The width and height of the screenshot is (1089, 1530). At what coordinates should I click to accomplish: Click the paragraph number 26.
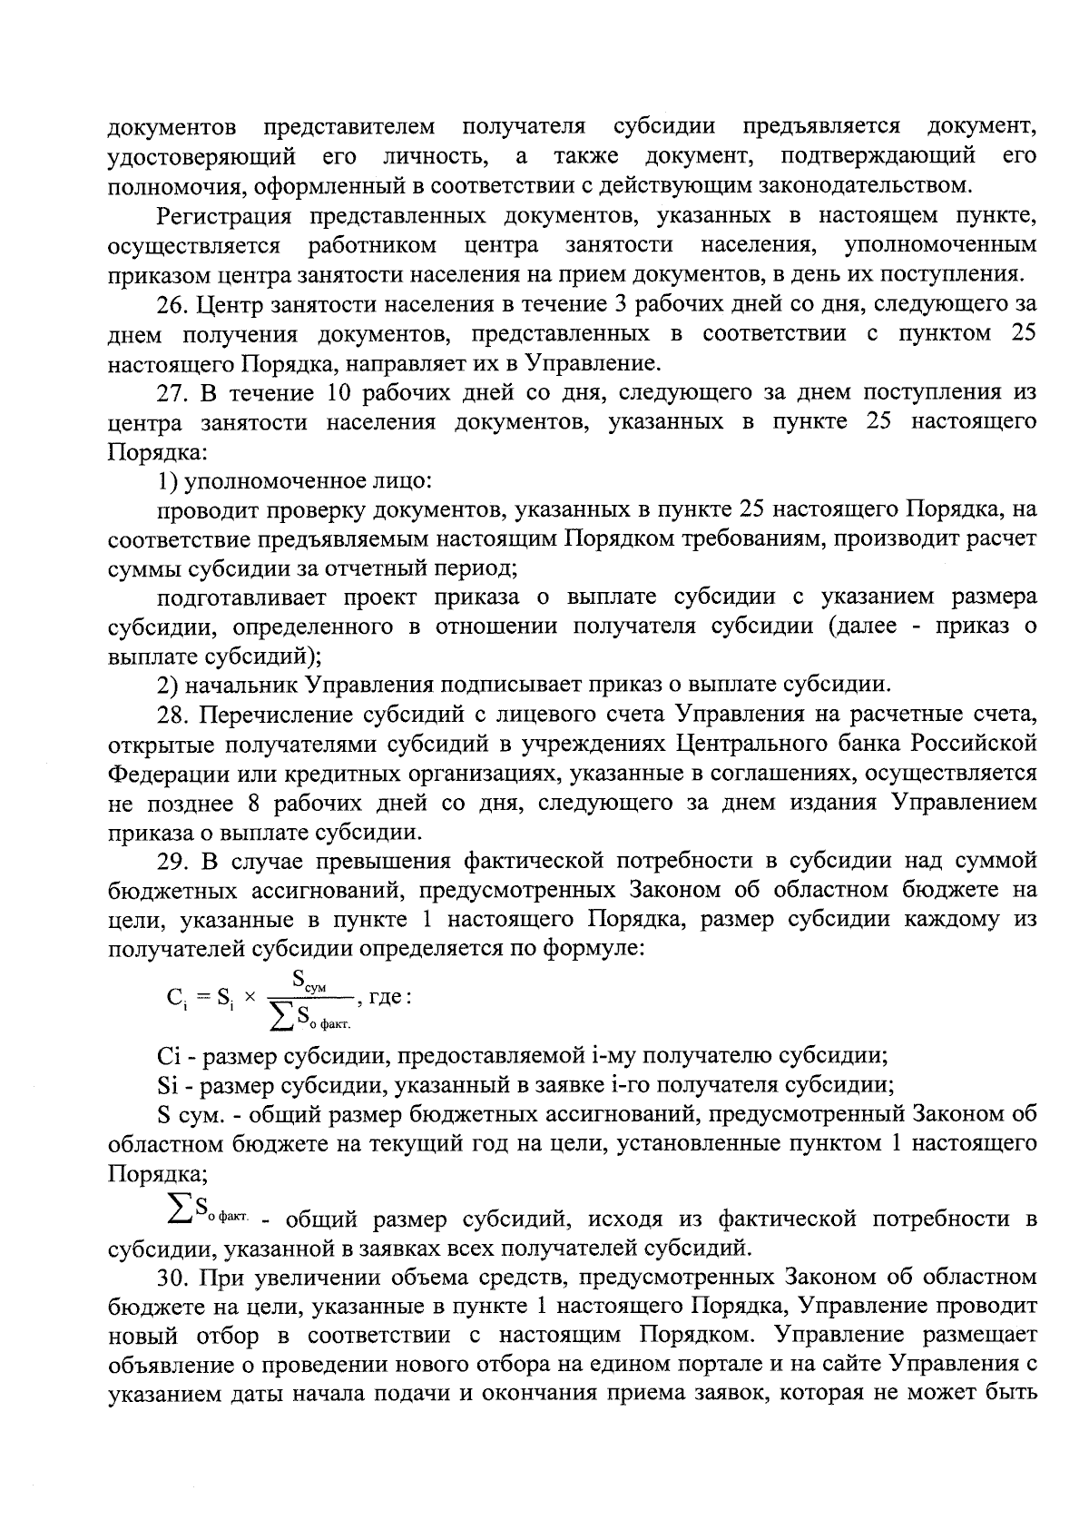click(173, 304)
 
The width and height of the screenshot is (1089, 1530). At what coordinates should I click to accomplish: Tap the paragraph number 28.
click(173, 715)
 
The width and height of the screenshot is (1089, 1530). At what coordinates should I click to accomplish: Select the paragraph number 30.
click(173, 1278)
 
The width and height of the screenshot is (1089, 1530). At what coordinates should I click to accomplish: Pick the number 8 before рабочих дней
click(251, 803)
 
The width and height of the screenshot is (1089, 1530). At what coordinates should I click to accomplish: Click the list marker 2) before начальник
click(167, 686)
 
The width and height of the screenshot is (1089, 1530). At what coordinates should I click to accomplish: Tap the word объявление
click(173, 1366)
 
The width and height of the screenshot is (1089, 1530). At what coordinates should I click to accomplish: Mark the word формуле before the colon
click(593, 950)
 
